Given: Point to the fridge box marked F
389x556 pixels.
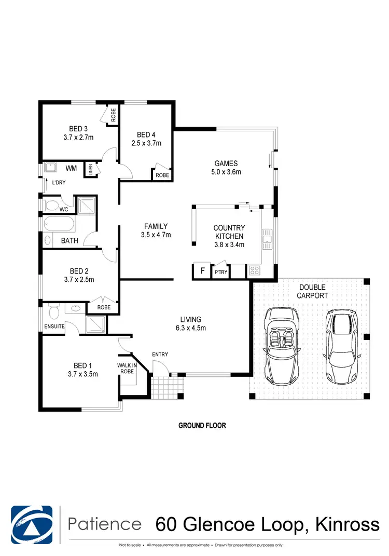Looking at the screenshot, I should (x=201, y=270).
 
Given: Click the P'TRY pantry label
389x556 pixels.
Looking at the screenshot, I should (x=220, y=272).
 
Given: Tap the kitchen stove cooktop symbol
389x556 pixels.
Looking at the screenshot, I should (x=255, y=270).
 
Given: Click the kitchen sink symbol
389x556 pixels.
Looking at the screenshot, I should (x=267, y=239).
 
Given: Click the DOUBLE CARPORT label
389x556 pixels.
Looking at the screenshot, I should (x=312, y=291).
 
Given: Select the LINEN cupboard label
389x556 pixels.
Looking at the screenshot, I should (x=90, y=169).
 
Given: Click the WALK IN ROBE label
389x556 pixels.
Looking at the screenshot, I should (x=127, y=368).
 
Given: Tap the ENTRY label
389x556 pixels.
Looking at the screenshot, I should (x=160, y=355).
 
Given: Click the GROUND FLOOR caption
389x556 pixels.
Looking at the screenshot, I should (x=202, y=426).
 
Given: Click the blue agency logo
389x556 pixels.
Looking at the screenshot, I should (x=32, y=523).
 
